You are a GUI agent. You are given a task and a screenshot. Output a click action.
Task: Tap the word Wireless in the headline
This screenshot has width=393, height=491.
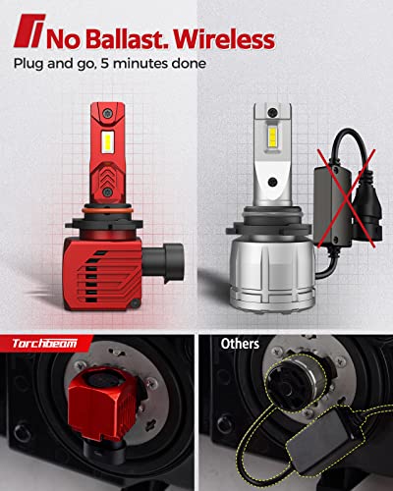[224, 39]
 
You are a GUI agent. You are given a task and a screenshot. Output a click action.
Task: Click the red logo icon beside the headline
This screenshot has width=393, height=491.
[29, 30]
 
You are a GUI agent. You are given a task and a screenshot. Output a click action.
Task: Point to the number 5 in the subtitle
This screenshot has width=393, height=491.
[105, 63]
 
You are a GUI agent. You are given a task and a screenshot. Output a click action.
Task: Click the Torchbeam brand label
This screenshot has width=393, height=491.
[45, 344]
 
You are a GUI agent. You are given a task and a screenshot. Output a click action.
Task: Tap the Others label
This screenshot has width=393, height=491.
[240, 344]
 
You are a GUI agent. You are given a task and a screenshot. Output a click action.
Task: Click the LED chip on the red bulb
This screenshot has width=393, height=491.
[108, 141]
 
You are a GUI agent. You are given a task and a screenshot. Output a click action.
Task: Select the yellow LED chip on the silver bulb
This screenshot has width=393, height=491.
[272, 138]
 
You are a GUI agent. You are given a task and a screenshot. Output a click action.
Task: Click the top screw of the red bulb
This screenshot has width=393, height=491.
[107, 114]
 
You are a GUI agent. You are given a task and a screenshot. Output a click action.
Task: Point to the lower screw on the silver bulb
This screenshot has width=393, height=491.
[272, 181]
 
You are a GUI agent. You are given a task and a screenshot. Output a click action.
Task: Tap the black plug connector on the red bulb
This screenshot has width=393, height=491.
[163, 264]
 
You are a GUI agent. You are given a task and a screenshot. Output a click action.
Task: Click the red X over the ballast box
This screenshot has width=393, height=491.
[347, 198]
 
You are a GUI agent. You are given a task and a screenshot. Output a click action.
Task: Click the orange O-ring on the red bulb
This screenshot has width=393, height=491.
[107, 209]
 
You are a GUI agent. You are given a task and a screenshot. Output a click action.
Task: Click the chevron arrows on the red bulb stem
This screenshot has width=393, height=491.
[107, 175]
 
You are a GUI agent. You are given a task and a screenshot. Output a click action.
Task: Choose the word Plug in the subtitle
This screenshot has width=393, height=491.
[28, 64]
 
